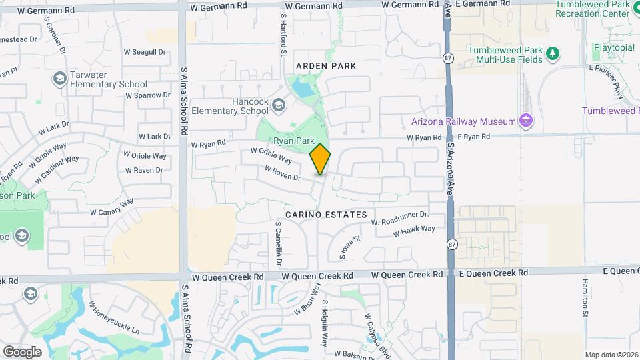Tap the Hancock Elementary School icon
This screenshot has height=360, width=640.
coord(278,105)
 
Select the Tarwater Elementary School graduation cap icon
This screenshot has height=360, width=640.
coord(59,79)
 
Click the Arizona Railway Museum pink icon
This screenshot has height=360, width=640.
coord(526,121)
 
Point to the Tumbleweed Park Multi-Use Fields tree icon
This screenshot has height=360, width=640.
coord(551,54)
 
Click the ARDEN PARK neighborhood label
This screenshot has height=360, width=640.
coord(327,66)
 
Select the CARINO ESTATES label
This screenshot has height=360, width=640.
coord(326,215)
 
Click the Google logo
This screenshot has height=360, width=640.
coord(22,351)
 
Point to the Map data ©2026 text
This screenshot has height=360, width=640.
coord(611,355)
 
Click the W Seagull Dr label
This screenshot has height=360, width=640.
coord(144,52)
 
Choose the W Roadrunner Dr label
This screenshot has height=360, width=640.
coord(399,218)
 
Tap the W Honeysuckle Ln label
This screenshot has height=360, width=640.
coord(114,317)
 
